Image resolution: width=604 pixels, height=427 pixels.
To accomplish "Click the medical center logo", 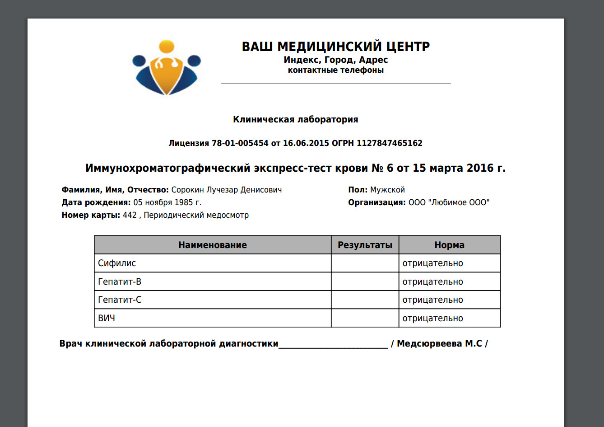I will tap(167, 68).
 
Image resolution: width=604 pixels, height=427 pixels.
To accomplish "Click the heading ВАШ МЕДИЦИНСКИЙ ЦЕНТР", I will tap(336, 47).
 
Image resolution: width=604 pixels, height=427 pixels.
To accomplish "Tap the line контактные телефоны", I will tap(336, 70).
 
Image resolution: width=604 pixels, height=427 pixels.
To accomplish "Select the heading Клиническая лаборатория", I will tap(296, 120).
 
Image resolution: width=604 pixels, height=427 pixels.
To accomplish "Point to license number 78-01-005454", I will tap(240, 143).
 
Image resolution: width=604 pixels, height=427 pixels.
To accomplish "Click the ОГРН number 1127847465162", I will tap(390, 143).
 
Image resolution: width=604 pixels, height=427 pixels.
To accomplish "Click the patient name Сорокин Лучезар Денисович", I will tap(227, 190).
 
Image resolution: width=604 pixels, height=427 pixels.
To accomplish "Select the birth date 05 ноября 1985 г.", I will tap(167, 202).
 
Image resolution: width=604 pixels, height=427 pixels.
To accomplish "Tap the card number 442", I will tap(130, 215).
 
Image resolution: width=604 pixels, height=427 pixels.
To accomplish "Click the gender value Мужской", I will tap(387, 190).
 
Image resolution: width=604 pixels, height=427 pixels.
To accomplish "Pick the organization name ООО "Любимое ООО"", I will tap(449, 202).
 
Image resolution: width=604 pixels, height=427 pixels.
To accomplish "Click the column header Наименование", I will tap(213, 245).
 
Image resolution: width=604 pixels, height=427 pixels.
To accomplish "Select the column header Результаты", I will tap(365, 245).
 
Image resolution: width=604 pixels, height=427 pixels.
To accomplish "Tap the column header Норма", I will tap(449, 245).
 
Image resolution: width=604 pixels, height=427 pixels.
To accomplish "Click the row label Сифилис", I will tap(117, 263).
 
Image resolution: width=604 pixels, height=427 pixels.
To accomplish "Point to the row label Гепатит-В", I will tap(120, 282).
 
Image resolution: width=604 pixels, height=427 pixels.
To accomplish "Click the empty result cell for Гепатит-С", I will tap(365, 300).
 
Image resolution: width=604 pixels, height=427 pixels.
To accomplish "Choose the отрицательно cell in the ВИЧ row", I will tap(432, 318).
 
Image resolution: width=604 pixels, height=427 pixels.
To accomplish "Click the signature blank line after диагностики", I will tap(333, 344).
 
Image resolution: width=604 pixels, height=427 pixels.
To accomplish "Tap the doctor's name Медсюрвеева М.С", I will tap(439, 344).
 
